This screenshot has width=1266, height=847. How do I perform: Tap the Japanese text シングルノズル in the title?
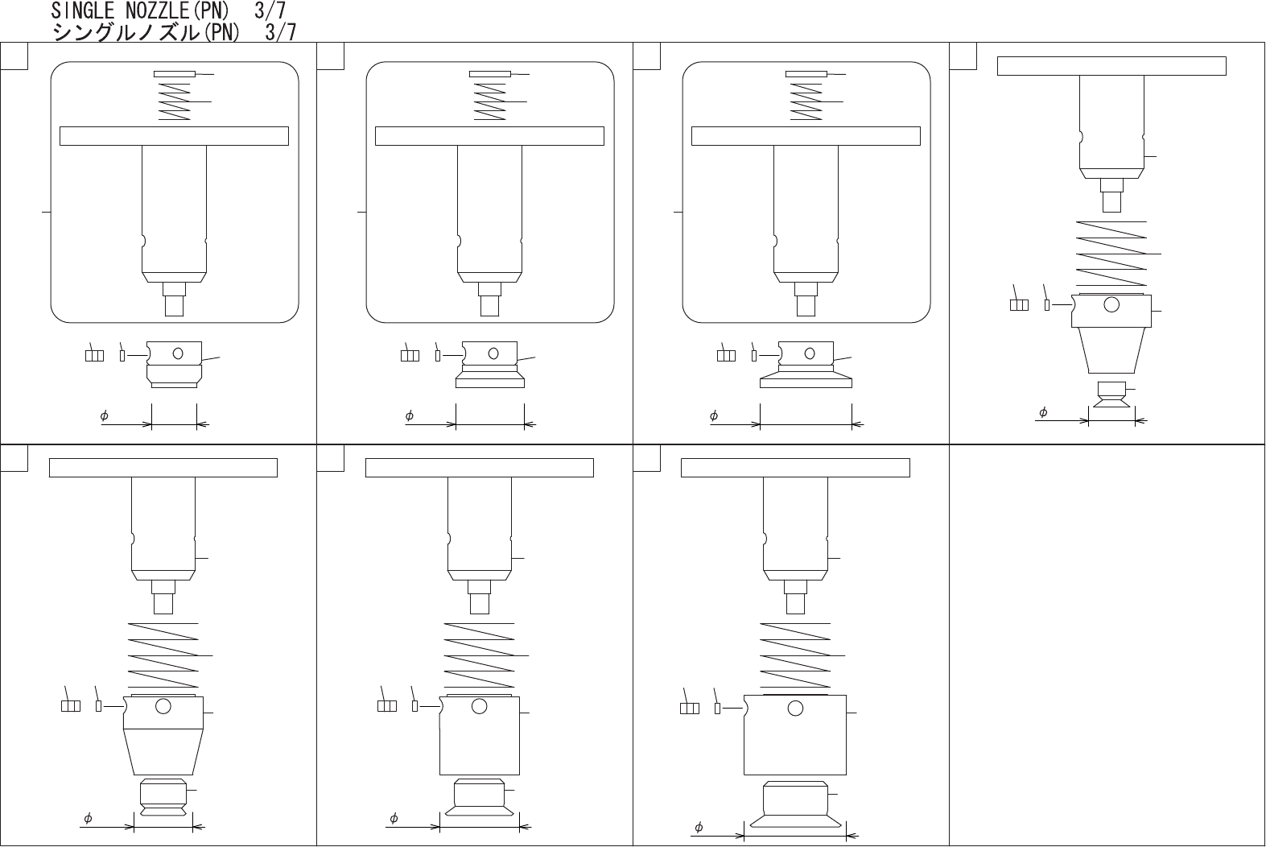coord(126,32)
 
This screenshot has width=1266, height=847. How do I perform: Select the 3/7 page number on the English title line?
coord(270,10)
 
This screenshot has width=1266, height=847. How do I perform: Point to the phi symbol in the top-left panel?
coord(104,416)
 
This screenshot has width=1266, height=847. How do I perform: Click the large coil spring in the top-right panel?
coord(1111,254)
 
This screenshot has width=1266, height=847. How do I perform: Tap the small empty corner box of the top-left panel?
coord(14,56)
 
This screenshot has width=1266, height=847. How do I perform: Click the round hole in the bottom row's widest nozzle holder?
coord(795,708)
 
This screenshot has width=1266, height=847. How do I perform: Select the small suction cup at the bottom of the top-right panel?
coord(1111,394)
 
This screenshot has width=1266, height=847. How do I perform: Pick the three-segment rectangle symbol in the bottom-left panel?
coord(71,705)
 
